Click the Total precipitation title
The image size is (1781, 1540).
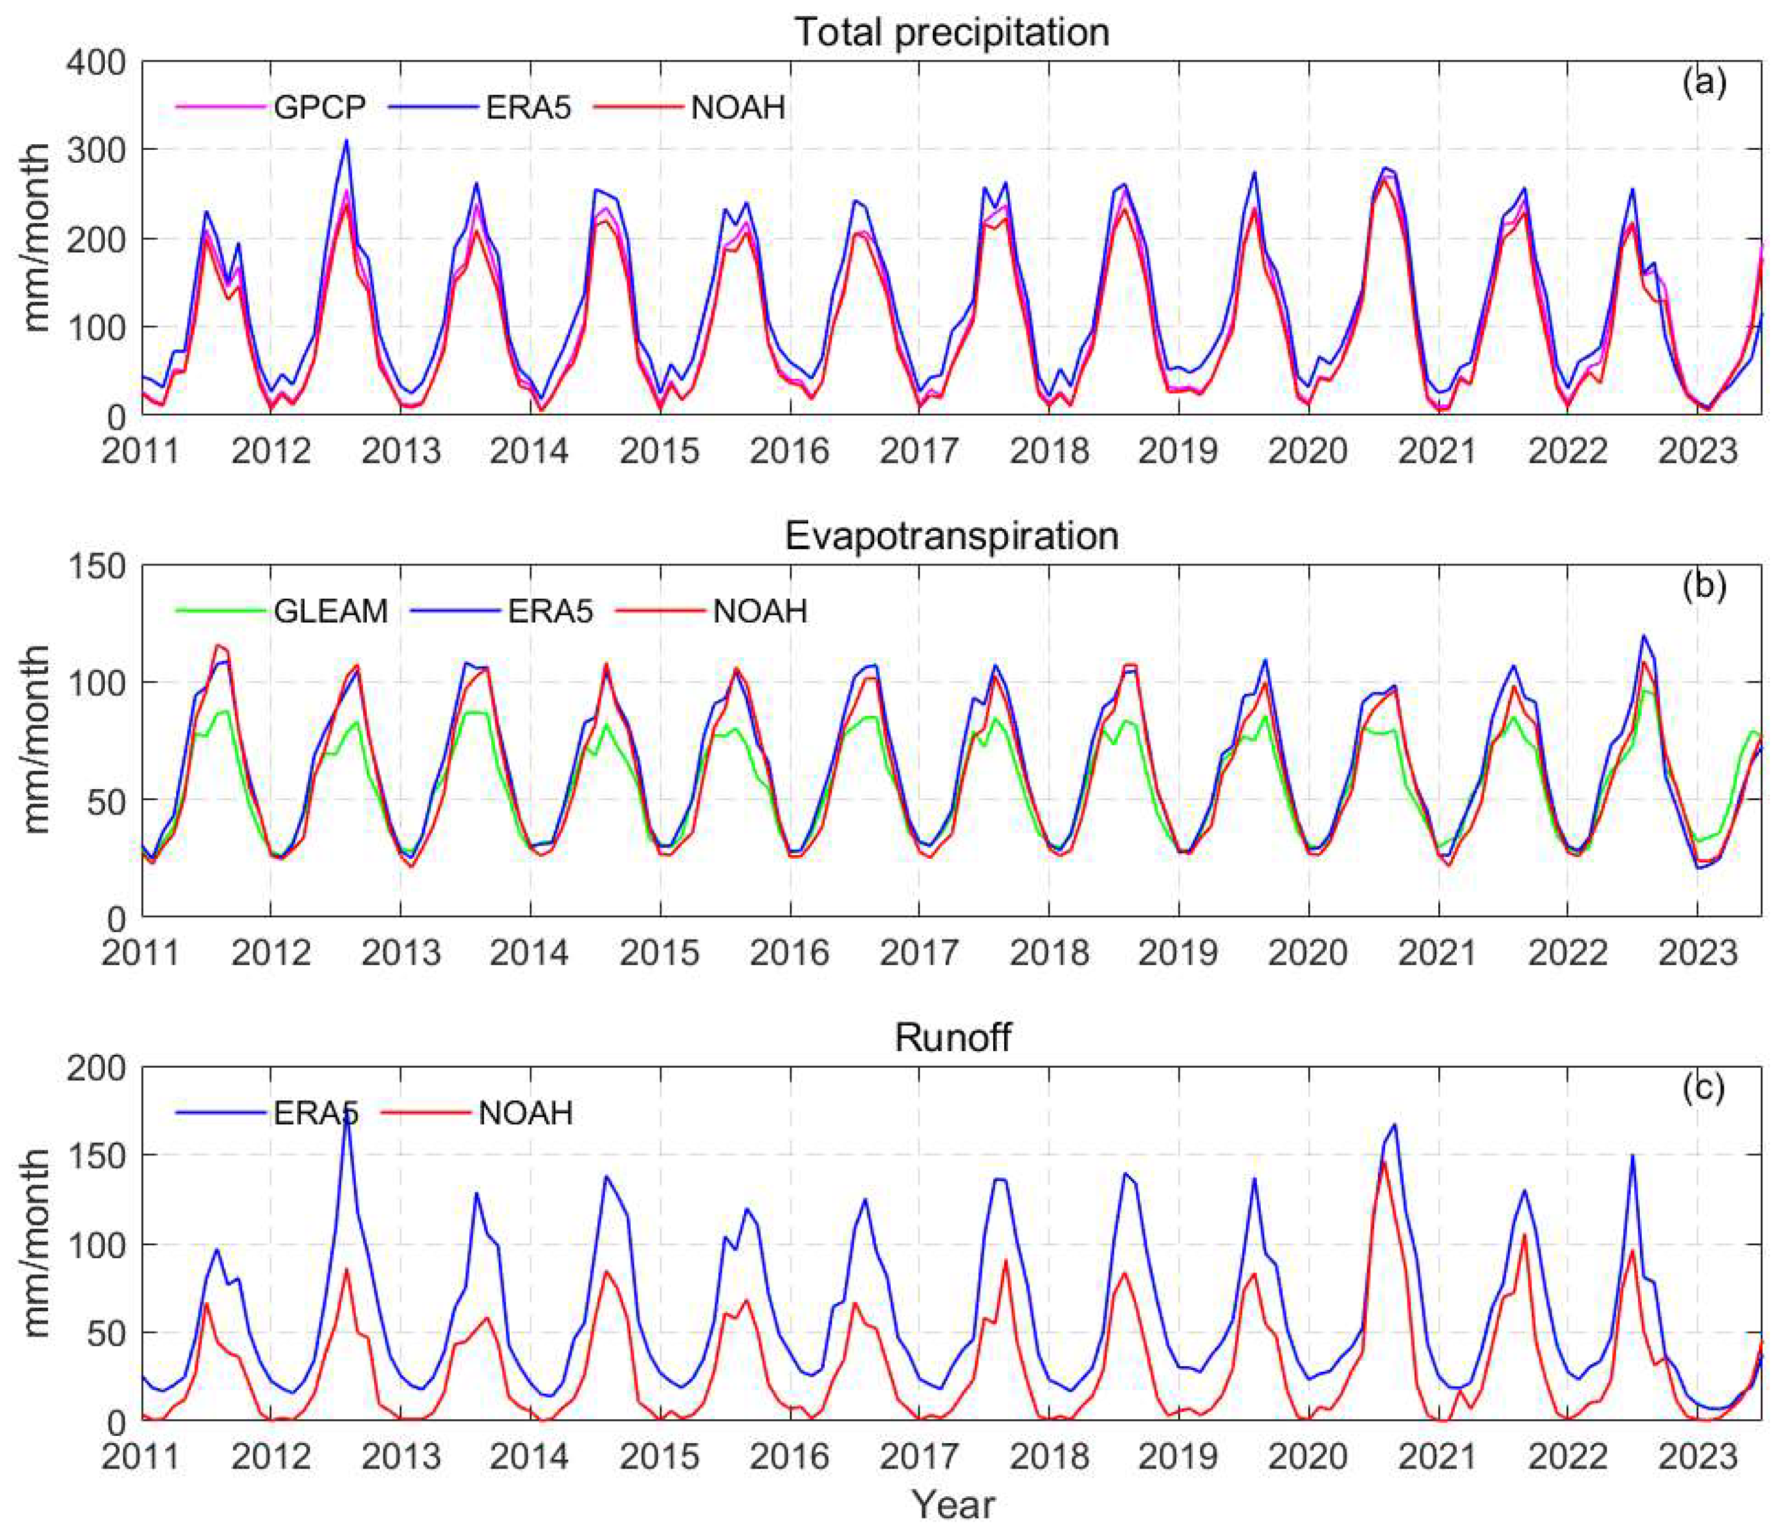pyautogui.click(x=951, y=33)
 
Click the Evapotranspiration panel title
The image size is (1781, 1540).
pyautogui.click(x=951, y=536)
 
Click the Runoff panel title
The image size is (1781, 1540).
pyautogui.click(x=952, y=1038)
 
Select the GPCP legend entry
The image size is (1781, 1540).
pyautogui.click(x=320, y=107)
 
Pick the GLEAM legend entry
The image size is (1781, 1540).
pyautogui.click(x=331, y=611)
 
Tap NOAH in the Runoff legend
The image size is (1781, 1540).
pyautogui.click(x=525, y=1113)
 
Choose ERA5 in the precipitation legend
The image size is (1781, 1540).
pyautogui.click(x=528, y=107)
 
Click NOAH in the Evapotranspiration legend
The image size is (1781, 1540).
pyautogui.click(x=760, y=611)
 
